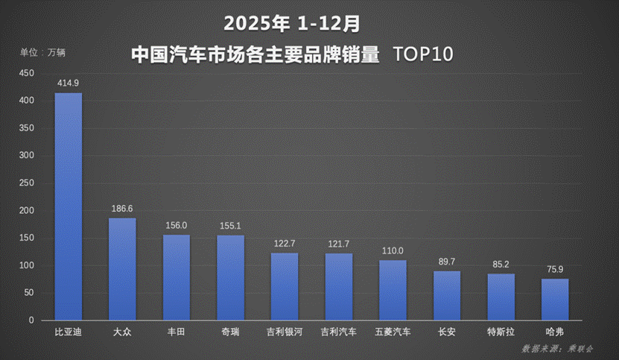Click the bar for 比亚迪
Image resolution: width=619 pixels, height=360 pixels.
coord(69,206)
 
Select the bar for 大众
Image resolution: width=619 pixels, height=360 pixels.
coord(122,269)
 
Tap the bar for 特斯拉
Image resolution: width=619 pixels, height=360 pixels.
coord(501,297)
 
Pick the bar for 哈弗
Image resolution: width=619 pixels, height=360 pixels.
coord(555,300)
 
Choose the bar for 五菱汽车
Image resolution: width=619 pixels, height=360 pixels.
coord(393,290)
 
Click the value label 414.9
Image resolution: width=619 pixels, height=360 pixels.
coord(69,83)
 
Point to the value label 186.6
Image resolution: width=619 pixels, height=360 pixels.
coord(122,209)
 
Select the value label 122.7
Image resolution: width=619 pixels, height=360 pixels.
coord(285,244)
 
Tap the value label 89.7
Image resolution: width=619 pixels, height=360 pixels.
coord(447,262)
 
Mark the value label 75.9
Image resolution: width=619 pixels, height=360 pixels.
coord(555,270)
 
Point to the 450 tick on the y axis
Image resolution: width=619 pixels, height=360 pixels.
coord(27,73)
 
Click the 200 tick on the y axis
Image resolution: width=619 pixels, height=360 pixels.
coord(27,211)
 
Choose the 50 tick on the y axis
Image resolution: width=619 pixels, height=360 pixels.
coord(29,293)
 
